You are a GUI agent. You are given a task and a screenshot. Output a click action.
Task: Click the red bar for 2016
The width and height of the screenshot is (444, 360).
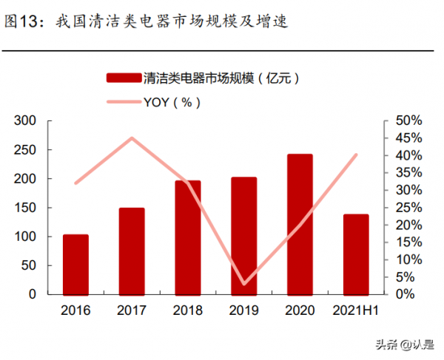(75, 264)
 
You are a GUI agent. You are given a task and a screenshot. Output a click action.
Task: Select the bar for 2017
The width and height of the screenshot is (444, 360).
(132, 251)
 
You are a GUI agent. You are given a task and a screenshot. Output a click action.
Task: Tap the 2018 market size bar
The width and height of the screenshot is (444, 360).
(188, 237)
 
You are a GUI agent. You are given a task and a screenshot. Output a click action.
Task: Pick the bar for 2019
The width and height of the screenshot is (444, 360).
(244, 235)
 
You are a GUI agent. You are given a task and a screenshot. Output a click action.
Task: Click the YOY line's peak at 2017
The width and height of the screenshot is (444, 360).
(132, 138)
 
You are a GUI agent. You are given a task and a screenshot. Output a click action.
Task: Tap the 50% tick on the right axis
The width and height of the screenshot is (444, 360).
(408, 120)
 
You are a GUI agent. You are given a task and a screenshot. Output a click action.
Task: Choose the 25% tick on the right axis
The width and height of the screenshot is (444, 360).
(408, 208)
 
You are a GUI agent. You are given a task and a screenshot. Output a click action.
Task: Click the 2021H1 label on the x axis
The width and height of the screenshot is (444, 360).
(356, 310)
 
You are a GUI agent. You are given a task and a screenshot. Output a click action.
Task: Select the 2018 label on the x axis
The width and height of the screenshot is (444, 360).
(188, 310)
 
